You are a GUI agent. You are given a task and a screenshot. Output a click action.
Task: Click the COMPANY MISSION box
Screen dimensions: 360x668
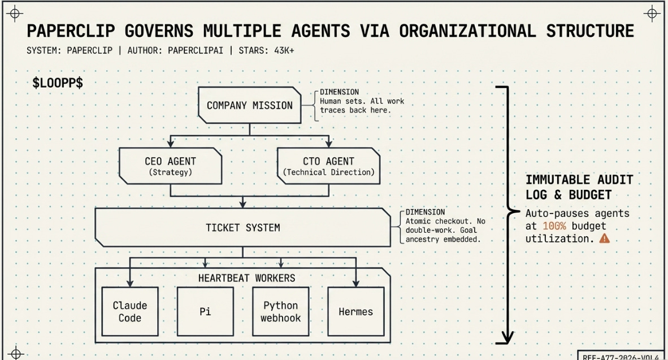(x=249, y=105)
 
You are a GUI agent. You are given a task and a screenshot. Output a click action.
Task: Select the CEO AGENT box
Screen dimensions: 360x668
(x=170, y=166)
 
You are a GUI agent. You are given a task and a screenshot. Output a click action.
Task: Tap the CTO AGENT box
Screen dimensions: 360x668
(x=328, y=166)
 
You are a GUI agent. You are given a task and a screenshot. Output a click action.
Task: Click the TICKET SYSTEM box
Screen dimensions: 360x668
(x=242, y=228)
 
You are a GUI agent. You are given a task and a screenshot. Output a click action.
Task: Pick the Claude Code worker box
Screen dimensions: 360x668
(x=129, y=311)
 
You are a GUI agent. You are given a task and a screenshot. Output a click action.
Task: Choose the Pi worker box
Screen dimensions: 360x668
(x=205, y=311)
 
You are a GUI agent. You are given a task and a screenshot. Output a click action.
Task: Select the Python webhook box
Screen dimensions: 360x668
(x=280, y=311)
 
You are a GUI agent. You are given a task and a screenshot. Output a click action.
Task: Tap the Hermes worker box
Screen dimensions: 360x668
(x=355, y=311)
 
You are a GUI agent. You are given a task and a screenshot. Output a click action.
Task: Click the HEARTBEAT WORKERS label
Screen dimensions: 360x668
(x=246, y=278)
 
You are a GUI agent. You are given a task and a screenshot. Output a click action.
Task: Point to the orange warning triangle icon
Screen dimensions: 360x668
(x=605, y=238)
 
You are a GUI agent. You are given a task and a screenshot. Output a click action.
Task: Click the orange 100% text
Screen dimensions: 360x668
(x=554, y=226)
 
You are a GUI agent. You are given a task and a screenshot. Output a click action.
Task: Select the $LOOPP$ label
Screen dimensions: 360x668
(x=58, y=83)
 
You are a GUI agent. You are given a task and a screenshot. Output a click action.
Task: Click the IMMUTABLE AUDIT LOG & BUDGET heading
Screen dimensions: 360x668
(x=579, y=187)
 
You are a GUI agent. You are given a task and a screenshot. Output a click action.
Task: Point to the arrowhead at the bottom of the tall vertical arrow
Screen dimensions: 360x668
(x=505, y=337)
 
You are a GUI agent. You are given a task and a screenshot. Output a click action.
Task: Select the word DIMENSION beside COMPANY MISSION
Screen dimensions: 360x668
(x=339, y=92)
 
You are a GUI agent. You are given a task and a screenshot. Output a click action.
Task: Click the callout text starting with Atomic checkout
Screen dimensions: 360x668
(x=445, y=230)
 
